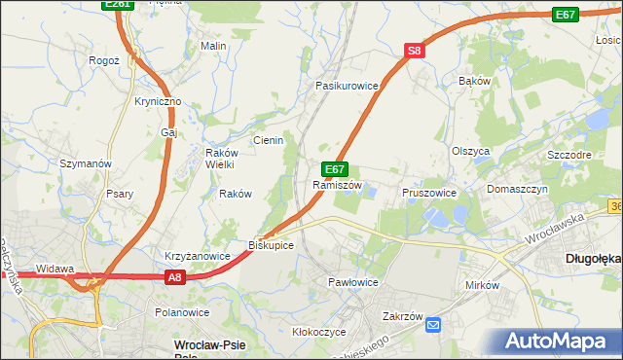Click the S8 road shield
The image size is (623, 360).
point(415,51)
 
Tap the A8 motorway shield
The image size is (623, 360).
point(173,278)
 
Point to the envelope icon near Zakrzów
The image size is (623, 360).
point(433,325)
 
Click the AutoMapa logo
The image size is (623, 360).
point(561,342)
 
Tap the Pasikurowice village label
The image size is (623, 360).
point(346,86)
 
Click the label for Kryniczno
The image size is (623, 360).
point(158,101)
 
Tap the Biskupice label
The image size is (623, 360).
point(271,244)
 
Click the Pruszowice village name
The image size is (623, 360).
point(429,193)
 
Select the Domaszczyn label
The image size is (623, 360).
point(518,189)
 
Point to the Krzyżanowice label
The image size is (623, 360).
point(197,256)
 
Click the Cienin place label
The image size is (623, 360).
point(268,140)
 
